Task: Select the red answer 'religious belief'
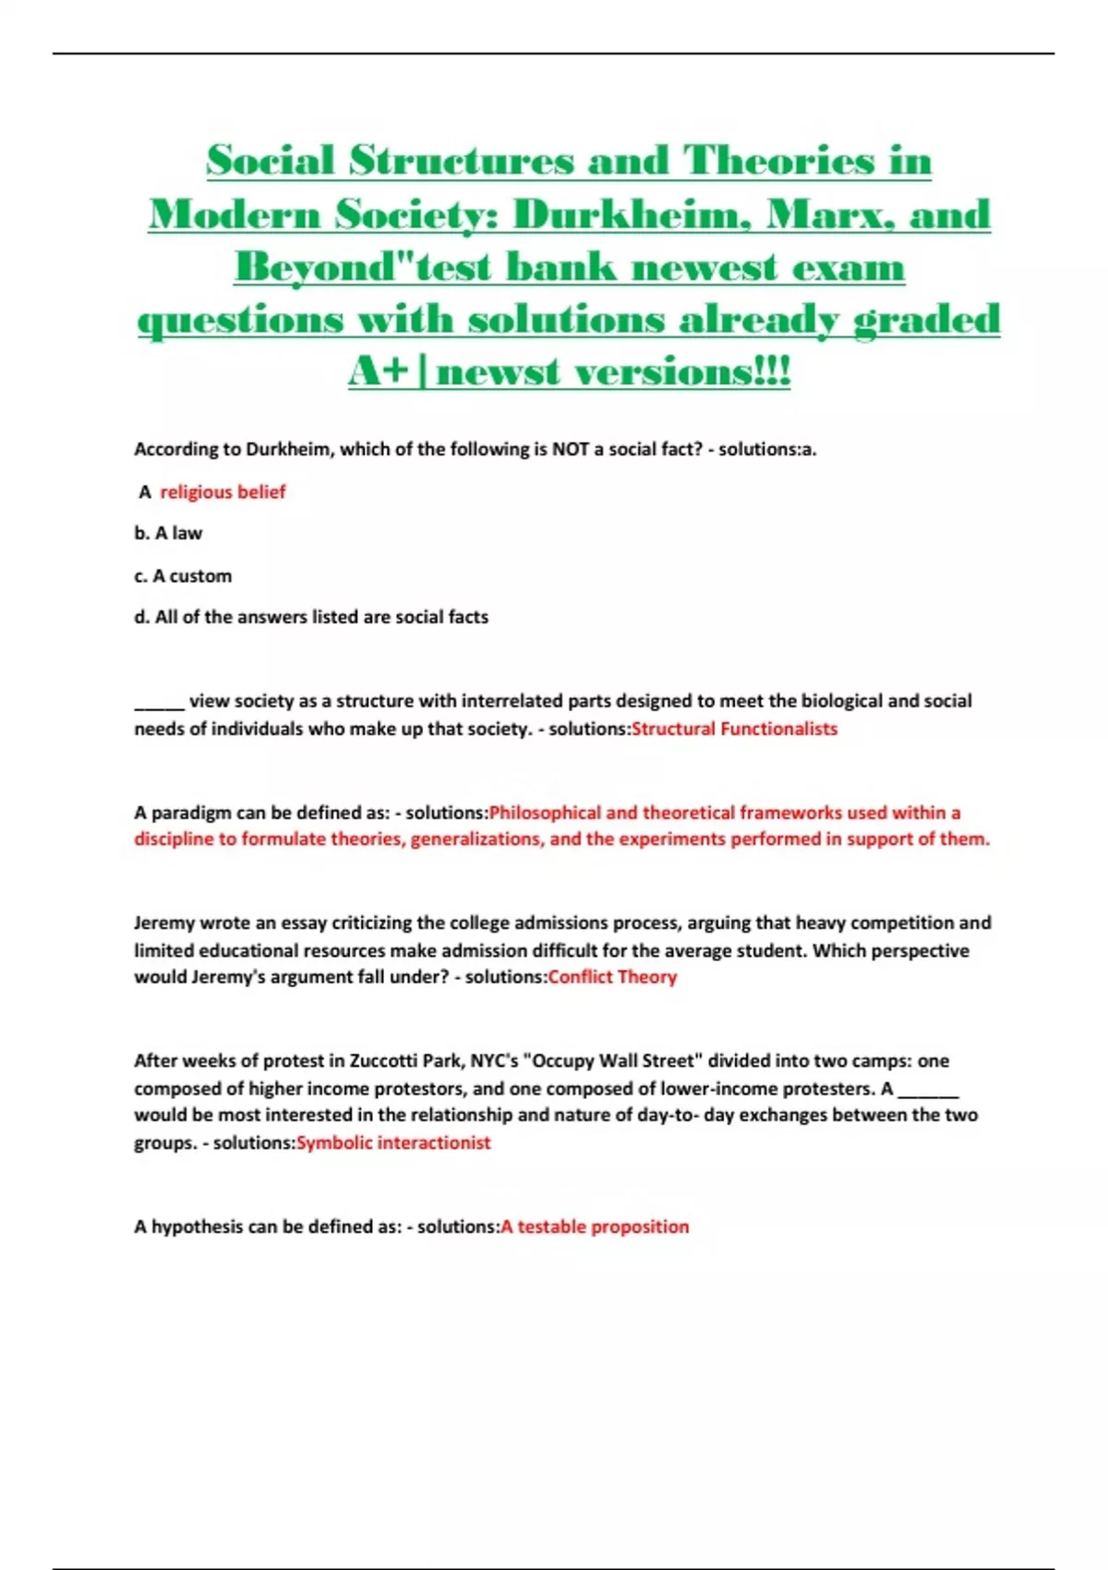(x=223, y=492)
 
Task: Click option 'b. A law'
(x=168, y=534)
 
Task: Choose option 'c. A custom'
(x=183, y=576)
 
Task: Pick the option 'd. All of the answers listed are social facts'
(x=311, y=617)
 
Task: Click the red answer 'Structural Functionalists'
(x=734, y=729)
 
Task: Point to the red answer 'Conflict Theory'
(x=612, y=977)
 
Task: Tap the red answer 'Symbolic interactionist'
(x=393, y=1143)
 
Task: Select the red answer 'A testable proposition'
(x=595, y=1227)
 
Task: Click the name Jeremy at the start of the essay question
(x=164, y=923)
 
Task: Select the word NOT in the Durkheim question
(x=571, y=450)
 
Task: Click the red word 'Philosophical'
(x=545, y=813)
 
